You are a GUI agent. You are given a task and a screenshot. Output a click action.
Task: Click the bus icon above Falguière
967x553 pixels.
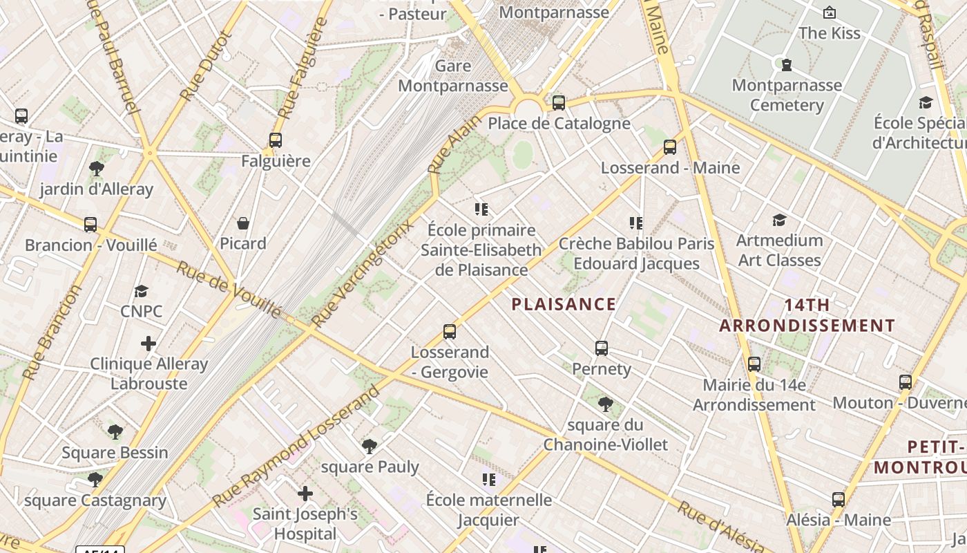coord(276,140)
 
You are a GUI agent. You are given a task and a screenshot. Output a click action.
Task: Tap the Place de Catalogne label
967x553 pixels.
coord(559,124)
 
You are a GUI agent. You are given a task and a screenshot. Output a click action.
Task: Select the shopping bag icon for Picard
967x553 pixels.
coord(243,223)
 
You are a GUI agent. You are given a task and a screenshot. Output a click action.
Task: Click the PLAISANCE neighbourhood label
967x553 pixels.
coord(564,304)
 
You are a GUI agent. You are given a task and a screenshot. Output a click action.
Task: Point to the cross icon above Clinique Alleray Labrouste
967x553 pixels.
coord(149,343)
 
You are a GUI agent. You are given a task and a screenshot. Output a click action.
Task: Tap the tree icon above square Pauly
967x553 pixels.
coord(370,446)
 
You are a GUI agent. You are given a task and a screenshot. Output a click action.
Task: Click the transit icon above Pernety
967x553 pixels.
coord(602,348)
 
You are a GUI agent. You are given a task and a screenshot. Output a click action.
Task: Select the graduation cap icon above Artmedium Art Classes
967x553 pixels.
coord(779,220)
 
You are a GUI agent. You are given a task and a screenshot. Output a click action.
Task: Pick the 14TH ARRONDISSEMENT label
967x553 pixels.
coord(807,315)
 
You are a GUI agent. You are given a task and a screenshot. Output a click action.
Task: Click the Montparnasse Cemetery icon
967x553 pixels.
coord(786,65)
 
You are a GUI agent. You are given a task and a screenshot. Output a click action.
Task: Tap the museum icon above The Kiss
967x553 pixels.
coord(829,12)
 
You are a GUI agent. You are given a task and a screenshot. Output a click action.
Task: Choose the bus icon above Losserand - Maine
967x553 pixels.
coord(669,147)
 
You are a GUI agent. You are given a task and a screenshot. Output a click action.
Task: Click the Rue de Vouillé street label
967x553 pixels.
coord(229,290)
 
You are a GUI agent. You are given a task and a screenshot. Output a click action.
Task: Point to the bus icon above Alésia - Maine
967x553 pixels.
coord(838,499)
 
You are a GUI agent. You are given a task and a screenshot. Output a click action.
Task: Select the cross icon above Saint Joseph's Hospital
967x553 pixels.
coord(305,494)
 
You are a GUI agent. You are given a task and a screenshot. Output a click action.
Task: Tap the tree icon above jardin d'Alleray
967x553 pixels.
coord(97,168)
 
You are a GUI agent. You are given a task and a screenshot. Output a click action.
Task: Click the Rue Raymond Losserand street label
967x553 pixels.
coord(298,447)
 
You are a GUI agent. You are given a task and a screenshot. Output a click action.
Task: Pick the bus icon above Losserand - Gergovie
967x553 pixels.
coord(450,332)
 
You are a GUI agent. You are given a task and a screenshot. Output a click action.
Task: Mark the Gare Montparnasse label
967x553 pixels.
coord(453,76)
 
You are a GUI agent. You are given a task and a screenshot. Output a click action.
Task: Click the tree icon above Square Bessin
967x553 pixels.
coord(115,432)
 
